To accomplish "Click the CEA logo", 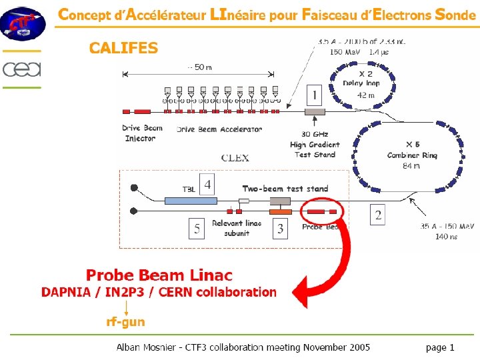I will click(21, 69).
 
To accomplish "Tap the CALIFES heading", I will click(123, 48).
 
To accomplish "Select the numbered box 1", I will click(313, 93).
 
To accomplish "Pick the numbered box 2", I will click(378, 215).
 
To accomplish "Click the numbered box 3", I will click(281, 229).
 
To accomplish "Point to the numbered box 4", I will click(208, 183).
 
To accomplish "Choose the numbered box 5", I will click(196, 229).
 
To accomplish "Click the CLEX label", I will click(235, 158).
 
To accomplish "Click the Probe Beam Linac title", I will click(159, 275).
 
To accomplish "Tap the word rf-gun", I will click(125, 322).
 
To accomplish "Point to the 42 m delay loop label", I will click(366, 95).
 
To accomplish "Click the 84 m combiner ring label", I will click(411, 166).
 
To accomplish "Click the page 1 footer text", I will click(440, 347).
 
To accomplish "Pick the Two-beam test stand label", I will click(285, 189).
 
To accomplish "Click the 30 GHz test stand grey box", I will click(314, 112).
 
